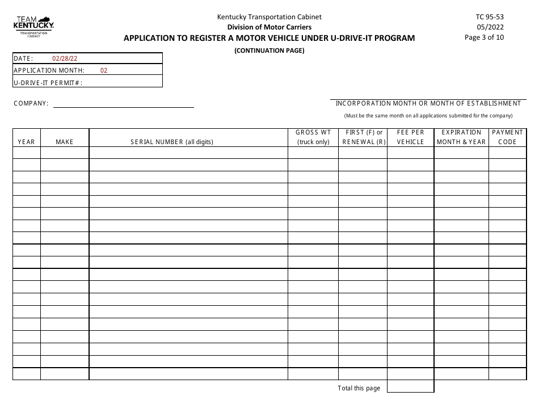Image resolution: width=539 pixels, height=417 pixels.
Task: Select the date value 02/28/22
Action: click(x=65, y=58)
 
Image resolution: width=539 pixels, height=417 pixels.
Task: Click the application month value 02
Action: click(x=103, y=71)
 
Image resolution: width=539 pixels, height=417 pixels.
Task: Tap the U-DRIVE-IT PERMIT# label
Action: click(x=48, y=83)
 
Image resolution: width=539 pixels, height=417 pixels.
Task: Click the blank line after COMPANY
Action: click(x=123, y=104)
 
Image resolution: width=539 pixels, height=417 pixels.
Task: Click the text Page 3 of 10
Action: click(x=484, y=37)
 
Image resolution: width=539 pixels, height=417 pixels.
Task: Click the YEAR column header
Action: click(x=26, y=142)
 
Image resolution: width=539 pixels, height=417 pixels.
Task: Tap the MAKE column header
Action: click(x=65, y=142)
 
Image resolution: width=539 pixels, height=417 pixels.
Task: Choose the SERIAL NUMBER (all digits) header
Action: click(x=172, y=142)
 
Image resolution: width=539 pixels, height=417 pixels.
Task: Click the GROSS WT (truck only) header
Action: click(x=313, y=137)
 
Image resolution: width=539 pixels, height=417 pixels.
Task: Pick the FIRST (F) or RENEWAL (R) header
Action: click(x=363, y=137)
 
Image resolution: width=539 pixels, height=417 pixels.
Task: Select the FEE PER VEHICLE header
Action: click(x=411, y=137)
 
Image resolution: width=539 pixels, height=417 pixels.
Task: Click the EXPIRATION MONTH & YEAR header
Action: click(x=461, y=137)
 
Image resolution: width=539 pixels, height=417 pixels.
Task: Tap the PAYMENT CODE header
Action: click(x=507, y=137)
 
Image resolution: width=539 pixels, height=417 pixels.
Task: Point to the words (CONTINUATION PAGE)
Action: click(x=269, y=50)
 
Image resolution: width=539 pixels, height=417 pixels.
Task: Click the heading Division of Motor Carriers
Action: click(x=269, y=27)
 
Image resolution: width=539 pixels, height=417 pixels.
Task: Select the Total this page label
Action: click(x=359, y=389)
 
